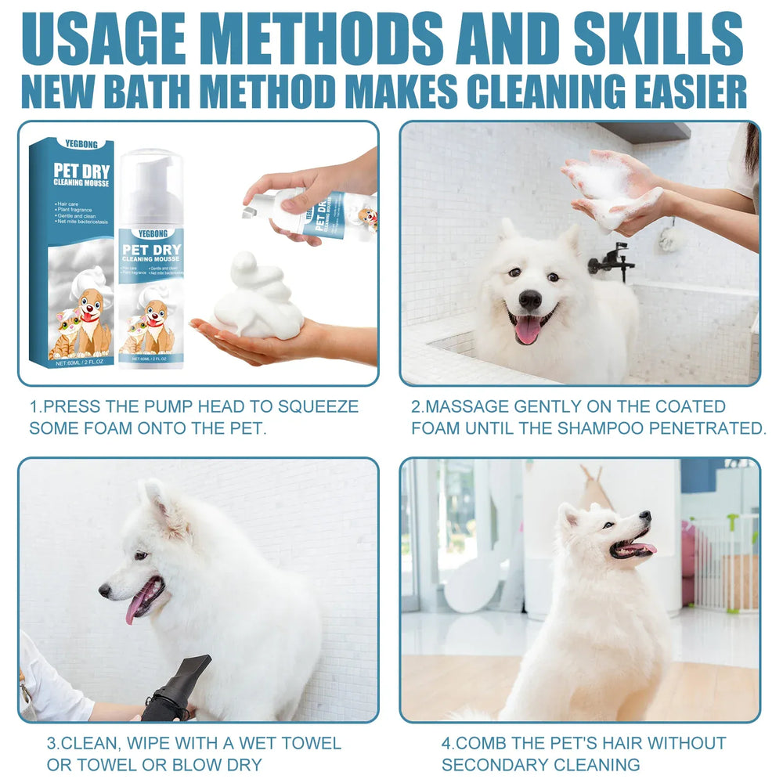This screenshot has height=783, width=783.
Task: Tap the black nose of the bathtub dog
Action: tap(530, 298)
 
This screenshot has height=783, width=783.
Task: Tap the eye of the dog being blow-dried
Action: tap(140, 555)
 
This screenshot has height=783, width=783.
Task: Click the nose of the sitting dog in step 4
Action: tap(645, 517)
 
